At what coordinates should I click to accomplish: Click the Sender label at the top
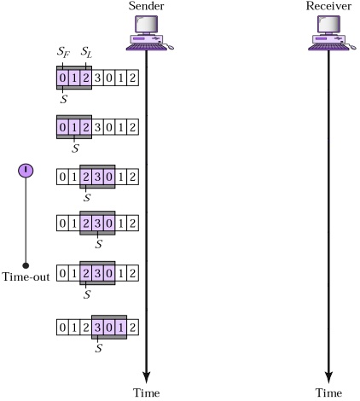tap(146, 8)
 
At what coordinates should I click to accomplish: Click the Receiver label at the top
tap(328, 8)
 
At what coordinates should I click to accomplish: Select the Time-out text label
tap(26, 275)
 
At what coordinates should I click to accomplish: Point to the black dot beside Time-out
tap(26, 265)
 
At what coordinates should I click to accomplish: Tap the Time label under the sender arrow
tap(146, 392)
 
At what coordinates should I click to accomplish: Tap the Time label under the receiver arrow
tap(328, 392)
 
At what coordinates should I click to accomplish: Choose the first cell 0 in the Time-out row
tap(61, 275)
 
